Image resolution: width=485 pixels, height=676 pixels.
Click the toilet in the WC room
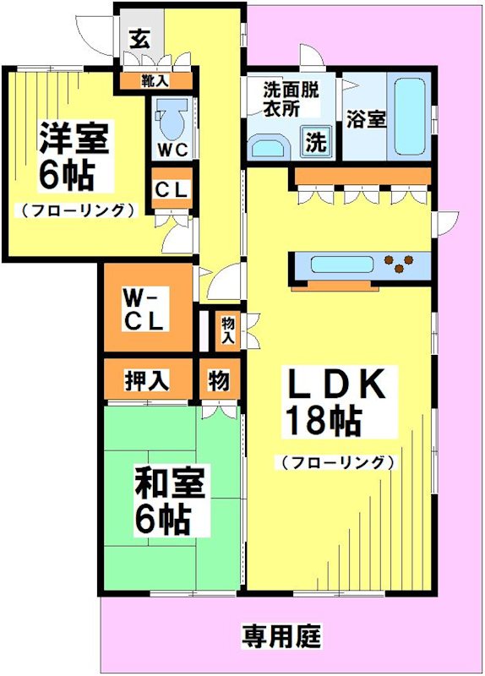tap(171, 119)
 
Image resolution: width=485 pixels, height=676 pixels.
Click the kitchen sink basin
tap(337, 264)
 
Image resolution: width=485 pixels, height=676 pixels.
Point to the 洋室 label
tap(74, 138)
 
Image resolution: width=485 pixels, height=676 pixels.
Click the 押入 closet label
tap(147, 380)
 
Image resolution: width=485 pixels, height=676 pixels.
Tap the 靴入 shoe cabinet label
tap(155, 81)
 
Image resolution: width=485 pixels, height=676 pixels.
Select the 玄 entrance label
tap(139, 38)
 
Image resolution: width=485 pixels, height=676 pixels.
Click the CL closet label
tap(172, 189)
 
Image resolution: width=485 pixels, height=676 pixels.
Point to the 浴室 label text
tap(366, 119)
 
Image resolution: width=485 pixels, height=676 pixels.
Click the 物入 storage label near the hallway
tap(227, 330)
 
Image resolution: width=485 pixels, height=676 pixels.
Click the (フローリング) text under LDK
tap(337, 462)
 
